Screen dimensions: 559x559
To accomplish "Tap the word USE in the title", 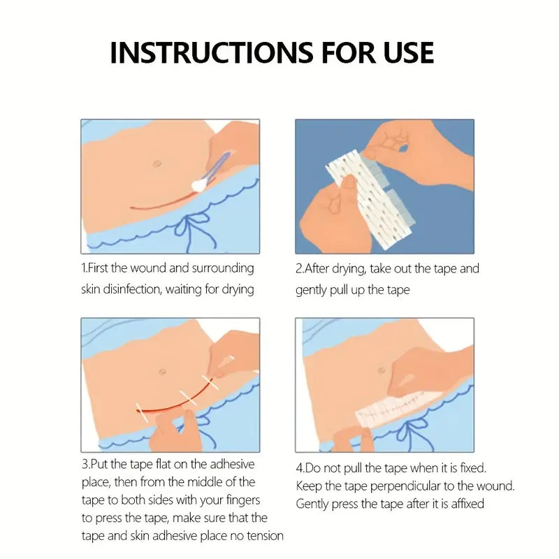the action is (409, 53).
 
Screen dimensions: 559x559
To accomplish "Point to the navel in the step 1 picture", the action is (157, 164).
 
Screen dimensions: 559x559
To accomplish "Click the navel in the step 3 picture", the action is (162, 372).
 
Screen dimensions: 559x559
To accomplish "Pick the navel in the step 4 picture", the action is (382, 371).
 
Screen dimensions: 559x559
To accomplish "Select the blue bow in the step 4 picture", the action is (414, 432).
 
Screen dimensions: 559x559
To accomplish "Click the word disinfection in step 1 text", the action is (132, 289).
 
